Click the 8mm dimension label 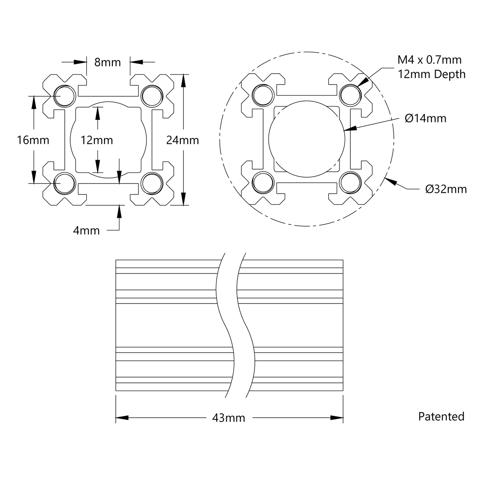pyautogui.click(x=107, y=62)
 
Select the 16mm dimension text pyautogui.click(x=33, y=140)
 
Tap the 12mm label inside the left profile pyautogui.click(x=97, y=140)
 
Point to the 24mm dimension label pyautogui.click(x=183, y=140)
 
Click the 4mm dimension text pyautogui.click(x=86, y=231)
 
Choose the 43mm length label pyautogui.click(x=229, y=418)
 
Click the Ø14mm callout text pyautogui.click(x=426, y=118)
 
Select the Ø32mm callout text pyautogui.click(x=446, y=189)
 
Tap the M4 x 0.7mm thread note pyautogui.click(x=429, y=60)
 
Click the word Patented pyautogui.click(x=441, y=416)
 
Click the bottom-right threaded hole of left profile pyautogui.click(x=152, y=183)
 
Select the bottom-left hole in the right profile pyautogui.click(x=263, y=183)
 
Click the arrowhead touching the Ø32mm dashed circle pyautogui.click(x=390, y=182)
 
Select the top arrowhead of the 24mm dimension pyautogui.click(x=183, y=81)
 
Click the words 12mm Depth pyautogui.click(x=432, y=74)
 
